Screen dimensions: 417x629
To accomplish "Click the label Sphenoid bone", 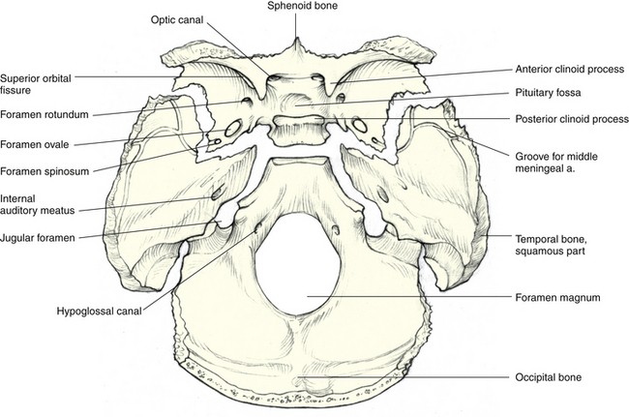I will point(296,6).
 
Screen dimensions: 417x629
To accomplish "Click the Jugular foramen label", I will point(41,236).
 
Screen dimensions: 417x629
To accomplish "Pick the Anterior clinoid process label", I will point(567,70).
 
